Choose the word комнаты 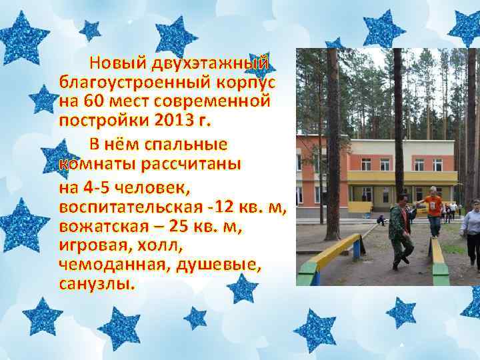click(93, 163)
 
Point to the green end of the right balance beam click(441, 273)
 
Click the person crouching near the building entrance click(381, 219)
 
